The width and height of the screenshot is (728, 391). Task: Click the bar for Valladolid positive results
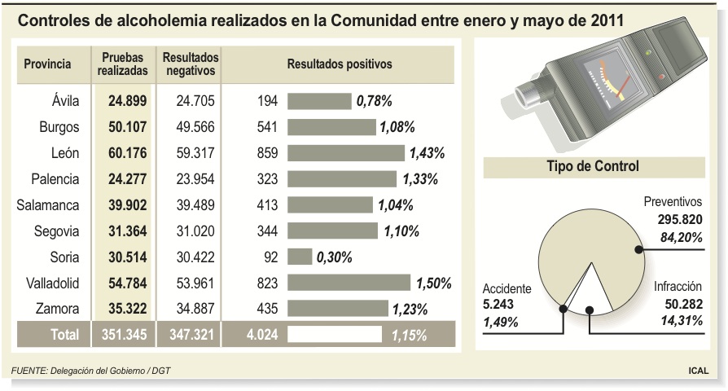click(x=349, y=283)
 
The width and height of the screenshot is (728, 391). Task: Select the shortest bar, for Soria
click(x=300, y=257)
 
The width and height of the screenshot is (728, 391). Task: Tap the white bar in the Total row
click(x=335, y=334)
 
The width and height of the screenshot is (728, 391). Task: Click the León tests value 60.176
click(x=127, y=153)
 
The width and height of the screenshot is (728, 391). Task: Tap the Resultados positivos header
click(x=340, y=64)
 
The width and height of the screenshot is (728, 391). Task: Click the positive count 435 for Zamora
click(x=266, y=309)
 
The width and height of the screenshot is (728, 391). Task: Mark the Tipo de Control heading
click(x=592, y=166)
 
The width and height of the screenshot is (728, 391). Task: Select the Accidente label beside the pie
click(x=507, y=288)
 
